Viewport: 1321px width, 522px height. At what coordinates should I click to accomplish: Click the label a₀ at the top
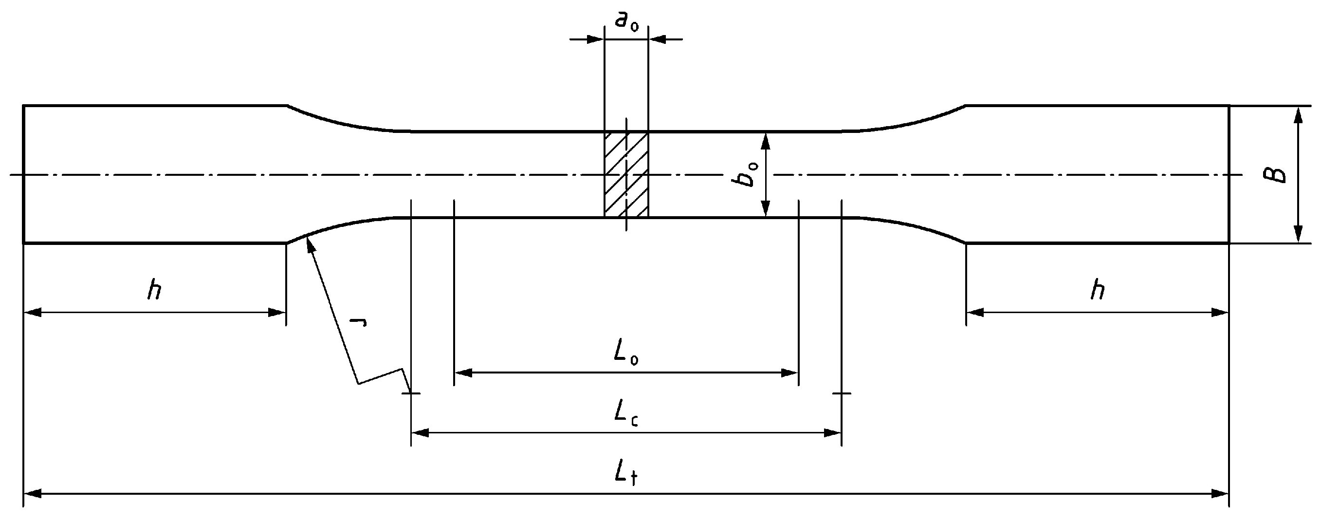[x=626, y=21]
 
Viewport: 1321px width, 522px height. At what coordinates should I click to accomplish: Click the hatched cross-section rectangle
[x=626, y=174]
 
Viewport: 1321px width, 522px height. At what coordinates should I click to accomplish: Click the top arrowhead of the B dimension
[x=1298, y=114]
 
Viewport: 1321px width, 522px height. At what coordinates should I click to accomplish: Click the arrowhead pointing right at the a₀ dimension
[x=595, y=39]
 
